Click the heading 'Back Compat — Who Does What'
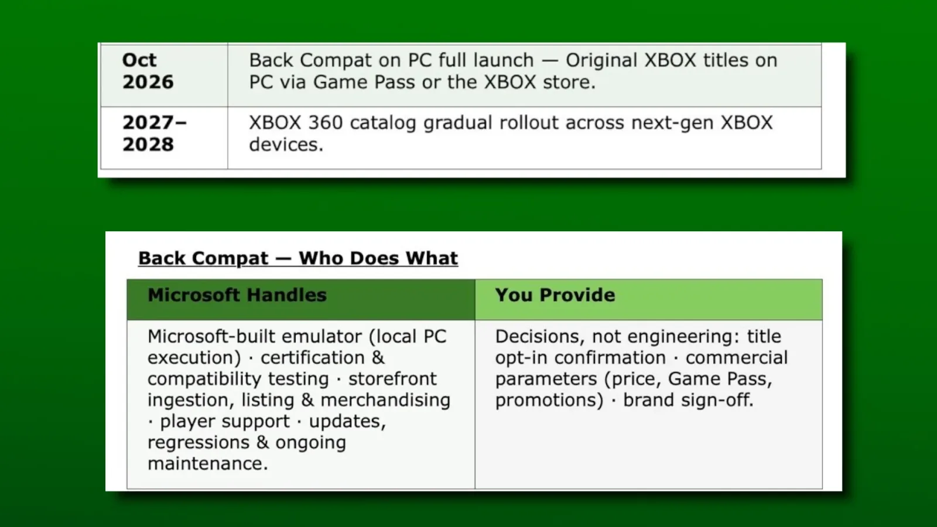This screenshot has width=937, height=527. pos(298,258)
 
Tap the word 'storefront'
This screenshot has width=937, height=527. pos(392,379)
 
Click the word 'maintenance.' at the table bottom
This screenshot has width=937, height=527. pos(207,464)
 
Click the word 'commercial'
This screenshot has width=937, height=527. pos(737,358)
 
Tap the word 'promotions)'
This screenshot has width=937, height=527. pos(549,401)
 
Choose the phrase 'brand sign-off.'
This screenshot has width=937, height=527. pos(688,401)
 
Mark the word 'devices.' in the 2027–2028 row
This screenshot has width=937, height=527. pos(286,145)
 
